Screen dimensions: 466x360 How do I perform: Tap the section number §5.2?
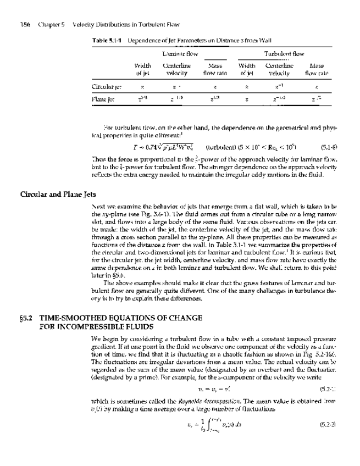point(27,318)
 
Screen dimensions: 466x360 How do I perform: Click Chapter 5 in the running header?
point(49,25)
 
